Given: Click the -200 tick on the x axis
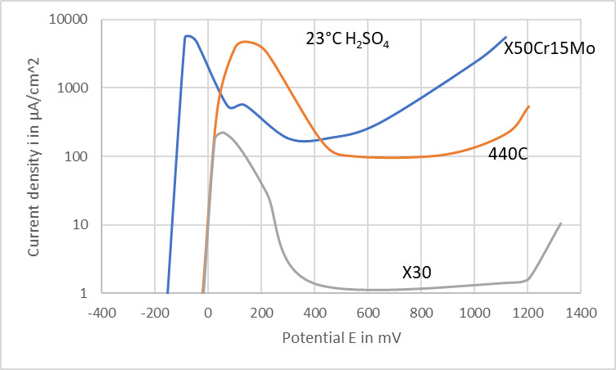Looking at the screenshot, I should click(155, 312).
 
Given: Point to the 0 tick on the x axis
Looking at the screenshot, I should click(208, 312).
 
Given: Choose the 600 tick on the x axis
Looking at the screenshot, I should click(368, 312).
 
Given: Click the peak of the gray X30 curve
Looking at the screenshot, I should click(222, 133).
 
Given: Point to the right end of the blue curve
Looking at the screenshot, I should click(505, 37).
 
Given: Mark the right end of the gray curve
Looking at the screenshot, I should click(560, 223).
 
